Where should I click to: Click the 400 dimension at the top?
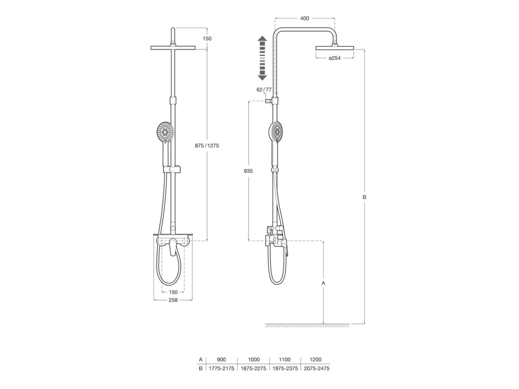304,18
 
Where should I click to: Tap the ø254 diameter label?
334,58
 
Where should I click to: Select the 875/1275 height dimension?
207,146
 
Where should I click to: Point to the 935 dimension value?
248,171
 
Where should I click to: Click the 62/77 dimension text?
264,89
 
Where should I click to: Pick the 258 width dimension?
173,300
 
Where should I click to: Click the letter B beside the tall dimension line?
364,197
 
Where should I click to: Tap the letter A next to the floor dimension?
323,283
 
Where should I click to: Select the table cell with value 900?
221,360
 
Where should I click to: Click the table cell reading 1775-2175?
221,368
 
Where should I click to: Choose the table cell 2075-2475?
317,368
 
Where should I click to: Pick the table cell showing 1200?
317,360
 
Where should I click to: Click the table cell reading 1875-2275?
253,368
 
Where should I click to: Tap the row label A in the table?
201,360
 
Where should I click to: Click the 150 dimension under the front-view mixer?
173,292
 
